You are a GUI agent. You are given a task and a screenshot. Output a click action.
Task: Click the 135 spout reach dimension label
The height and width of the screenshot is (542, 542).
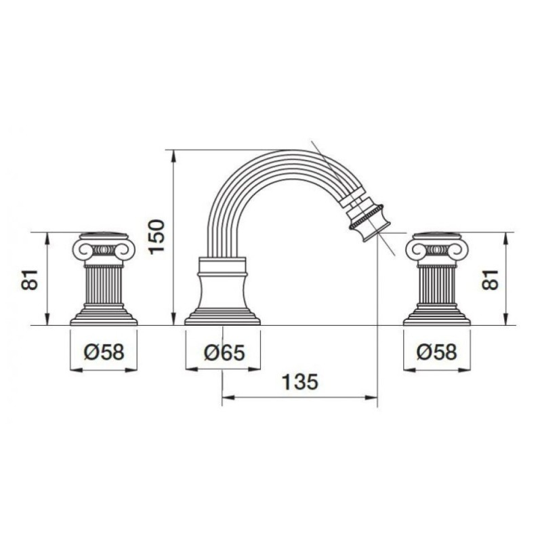pyautogui.click(x=299, y=382)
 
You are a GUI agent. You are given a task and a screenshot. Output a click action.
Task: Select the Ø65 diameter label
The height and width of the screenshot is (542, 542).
pyautogui.click(x=224, y=352)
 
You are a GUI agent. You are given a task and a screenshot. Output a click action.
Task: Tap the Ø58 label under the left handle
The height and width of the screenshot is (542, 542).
pyautogui.click(x=104, y=352)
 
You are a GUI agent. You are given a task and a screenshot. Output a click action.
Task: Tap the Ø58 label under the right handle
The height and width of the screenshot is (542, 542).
pyautogui.click(x=436, y=352)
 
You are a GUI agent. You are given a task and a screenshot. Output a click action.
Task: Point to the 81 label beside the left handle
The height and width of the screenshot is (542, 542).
pyautogui.click(x=29, y=279)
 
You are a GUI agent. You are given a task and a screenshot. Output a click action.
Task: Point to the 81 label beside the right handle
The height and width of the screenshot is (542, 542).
pyautogui.click(x=491, y=279)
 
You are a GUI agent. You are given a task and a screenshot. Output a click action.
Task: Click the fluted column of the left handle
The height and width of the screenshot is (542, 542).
pyautogui.click(x=104, y=285)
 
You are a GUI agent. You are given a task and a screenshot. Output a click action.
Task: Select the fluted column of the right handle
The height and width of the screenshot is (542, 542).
pyautogui.click(x=437, y=285)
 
